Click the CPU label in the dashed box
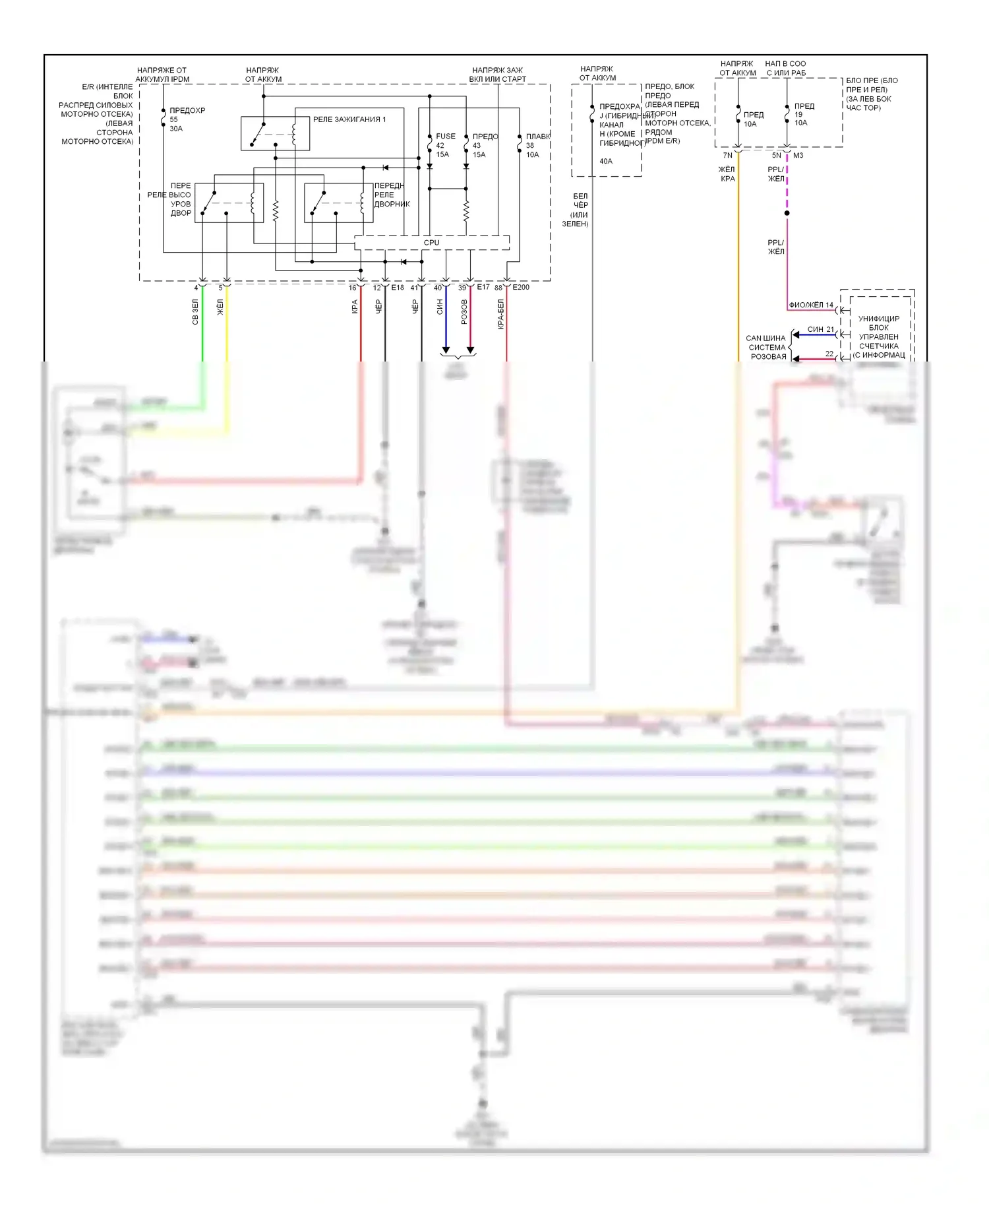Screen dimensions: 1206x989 click(431, 243)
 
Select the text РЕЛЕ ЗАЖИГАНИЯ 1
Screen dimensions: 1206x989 click(349, 119)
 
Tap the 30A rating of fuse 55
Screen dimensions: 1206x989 click(176, 129)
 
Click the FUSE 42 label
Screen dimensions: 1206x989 click(445, 137)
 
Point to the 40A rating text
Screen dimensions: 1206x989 click(606, 161)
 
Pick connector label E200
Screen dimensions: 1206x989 click(521, 287)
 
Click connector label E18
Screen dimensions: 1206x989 click(398, 288)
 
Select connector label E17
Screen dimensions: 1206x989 click(483, 287)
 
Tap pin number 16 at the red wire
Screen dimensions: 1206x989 click(353, 288)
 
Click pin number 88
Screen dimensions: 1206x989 click(498, 288)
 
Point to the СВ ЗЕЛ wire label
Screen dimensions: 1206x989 click(195, 311)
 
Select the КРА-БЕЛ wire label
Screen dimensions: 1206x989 click(500, 314)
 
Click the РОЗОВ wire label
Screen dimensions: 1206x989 click(464, 311)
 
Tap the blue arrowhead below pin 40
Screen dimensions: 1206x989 click(446, 350)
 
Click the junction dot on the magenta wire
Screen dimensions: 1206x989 click(787, 213)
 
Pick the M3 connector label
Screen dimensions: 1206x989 click(798, 156)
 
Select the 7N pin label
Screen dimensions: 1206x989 click(727, 156)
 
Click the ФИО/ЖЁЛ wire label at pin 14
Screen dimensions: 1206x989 click(806, 305)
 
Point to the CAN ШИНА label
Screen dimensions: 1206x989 click(765, 338)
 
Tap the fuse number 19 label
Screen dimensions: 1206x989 click(798, 114)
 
